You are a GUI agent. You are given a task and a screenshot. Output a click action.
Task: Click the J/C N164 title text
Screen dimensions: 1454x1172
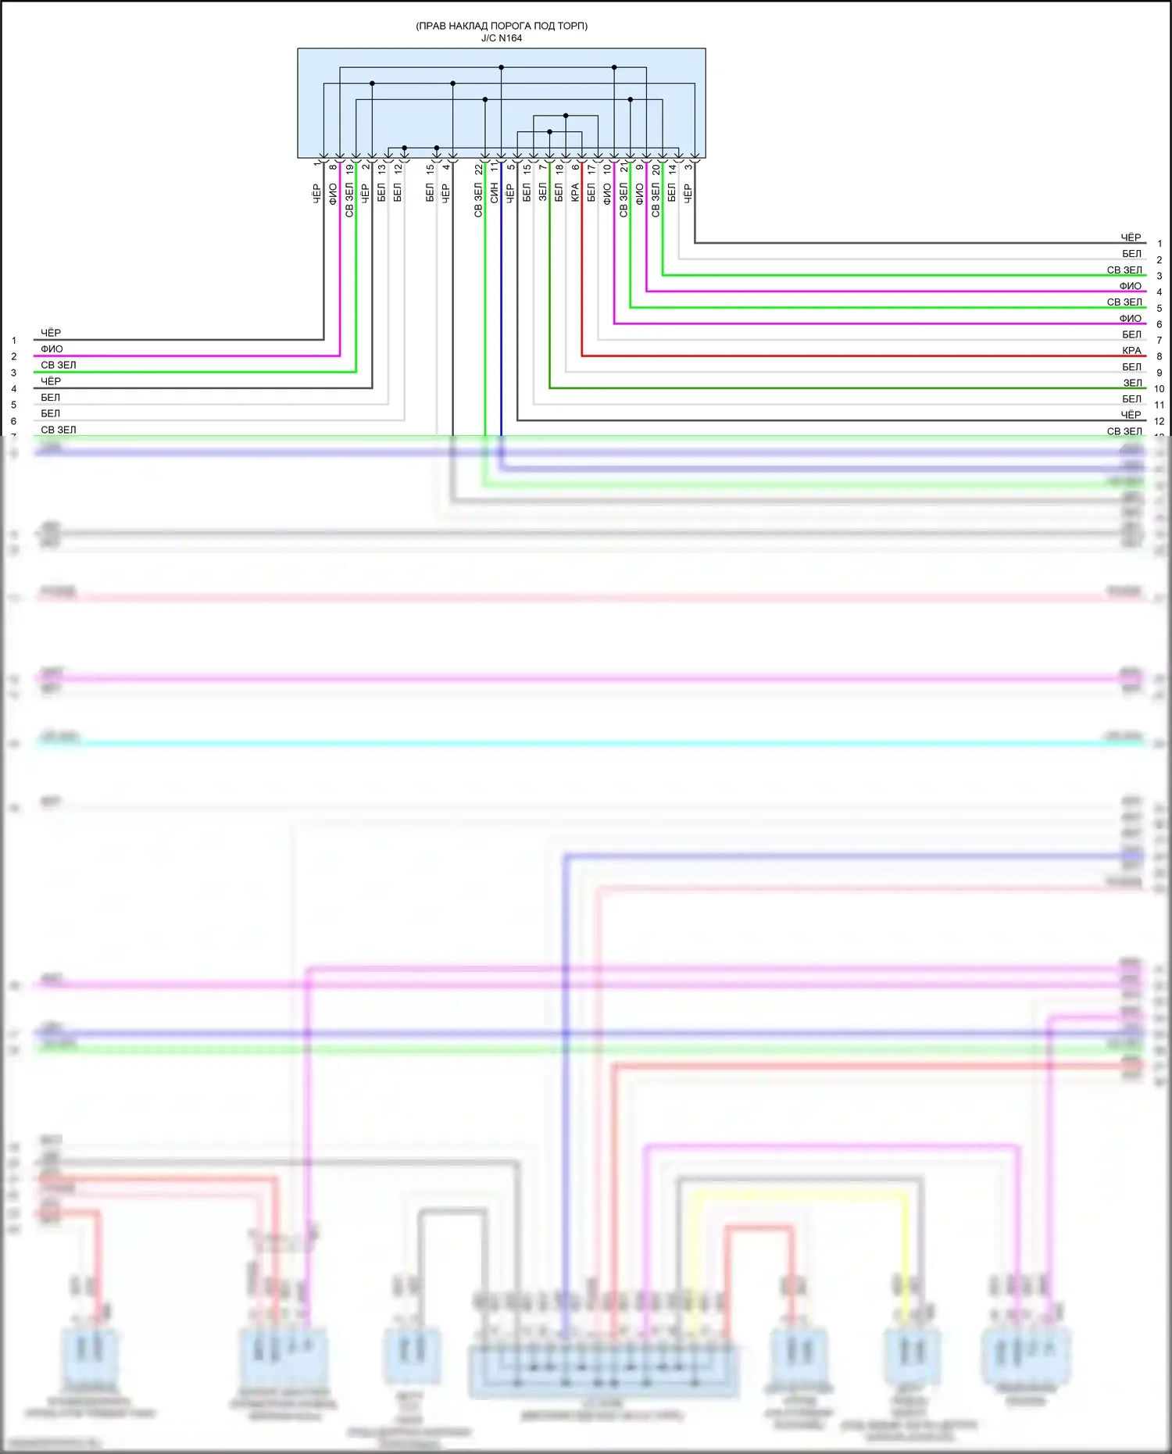tap(501, 38)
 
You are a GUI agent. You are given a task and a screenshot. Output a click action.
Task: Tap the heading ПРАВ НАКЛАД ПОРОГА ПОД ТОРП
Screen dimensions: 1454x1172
tap(502, 26)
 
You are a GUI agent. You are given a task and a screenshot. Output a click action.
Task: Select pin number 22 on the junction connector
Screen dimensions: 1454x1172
tap(478, 169)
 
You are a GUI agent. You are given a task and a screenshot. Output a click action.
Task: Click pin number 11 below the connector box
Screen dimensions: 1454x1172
tap(494, 167)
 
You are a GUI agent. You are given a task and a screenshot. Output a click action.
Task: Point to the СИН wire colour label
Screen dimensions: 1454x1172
tap(494, 194)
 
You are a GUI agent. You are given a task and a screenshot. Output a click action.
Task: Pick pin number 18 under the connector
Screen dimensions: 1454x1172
tap(559, 169)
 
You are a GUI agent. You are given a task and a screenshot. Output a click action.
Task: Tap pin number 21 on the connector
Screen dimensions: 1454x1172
tap(624, 169)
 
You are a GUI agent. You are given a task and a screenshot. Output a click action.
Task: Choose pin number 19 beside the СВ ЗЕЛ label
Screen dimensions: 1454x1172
tap(349, 169)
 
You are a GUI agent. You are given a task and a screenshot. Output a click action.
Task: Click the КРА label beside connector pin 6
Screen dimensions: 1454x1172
tap(575, 192)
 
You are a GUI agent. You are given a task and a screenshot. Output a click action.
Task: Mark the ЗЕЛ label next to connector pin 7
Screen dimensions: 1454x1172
tap(542, 192)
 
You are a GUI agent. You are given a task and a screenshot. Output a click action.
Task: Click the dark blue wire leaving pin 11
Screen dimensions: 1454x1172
tap(502, 313)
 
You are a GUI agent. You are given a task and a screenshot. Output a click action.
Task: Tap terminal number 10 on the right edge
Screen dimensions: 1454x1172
tap(1159, 388)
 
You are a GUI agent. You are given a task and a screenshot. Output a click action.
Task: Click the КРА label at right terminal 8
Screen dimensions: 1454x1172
tap(1131, 351)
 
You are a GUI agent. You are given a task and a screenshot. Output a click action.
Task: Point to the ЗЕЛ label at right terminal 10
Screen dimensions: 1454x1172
tap(1132, 383)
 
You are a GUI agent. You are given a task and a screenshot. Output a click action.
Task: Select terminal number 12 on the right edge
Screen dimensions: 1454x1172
tap(1159, 421)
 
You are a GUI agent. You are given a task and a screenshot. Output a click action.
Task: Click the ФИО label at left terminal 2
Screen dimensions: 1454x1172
tap(52, 349)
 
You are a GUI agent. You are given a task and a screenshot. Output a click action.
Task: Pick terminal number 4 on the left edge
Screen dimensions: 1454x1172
tap(13, 388)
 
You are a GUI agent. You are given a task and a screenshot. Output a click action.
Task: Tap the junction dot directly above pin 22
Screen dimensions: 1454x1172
tap(485, 100)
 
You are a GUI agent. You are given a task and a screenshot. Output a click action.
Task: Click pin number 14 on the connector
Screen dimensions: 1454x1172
tap(672, 169)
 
